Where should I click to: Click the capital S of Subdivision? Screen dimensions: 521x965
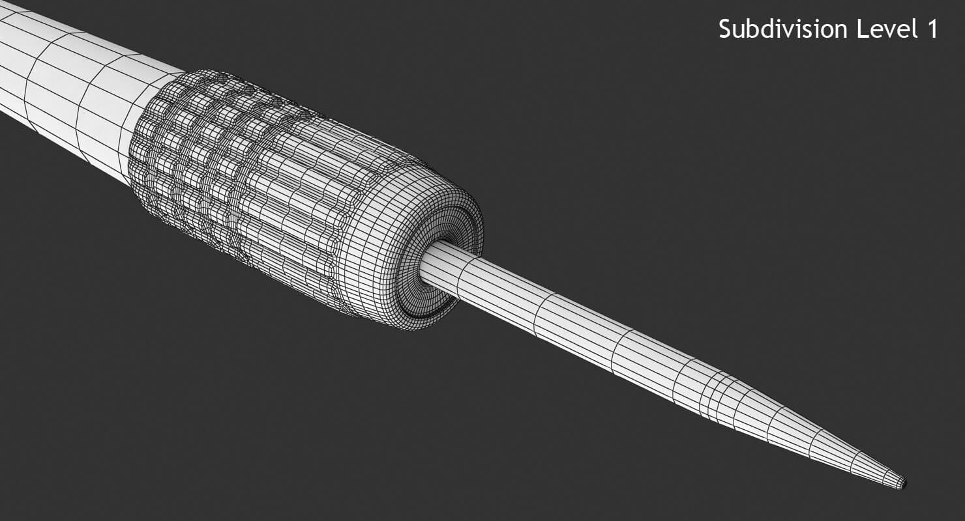coord(725,29)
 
